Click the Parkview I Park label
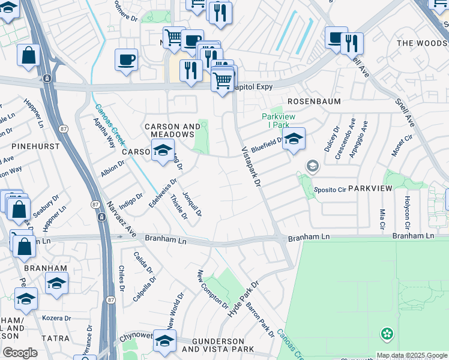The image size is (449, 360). coord(275,121)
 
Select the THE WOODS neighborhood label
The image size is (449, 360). coord(422,43)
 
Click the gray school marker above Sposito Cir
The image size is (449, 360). coord(312,166)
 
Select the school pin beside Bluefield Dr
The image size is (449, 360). coord(294,139)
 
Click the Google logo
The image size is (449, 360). coord(20,353)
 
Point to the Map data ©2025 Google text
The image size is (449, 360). coord(412,355)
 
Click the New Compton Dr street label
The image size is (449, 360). coord(203,288)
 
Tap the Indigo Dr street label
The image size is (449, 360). coord(131,199)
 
